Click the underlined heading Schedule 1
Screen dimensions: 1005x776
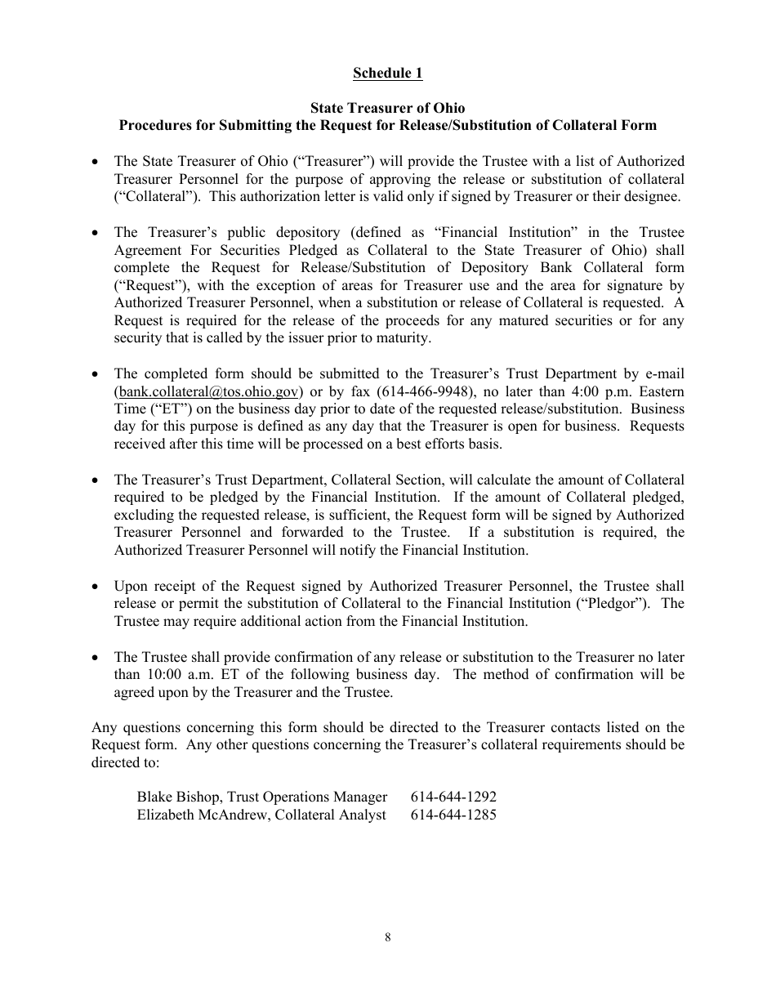click(387, 74)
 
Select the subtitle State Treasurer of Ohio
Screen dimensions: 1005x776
click(387, 108)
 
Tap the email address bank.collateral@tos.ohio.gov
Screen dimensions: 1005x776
click(209, 391)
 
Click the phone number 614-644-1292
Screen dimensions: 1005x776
click(453, 797)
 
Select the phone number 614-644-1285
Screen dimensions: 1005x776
click(453, 815)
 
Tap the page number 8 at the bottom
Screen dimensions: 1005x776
click(388, 938)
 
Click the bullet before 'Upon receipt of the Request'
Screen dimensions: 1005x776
click(96, 587)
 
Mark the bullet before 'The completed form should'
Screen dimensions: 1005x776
click(96, 374)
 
